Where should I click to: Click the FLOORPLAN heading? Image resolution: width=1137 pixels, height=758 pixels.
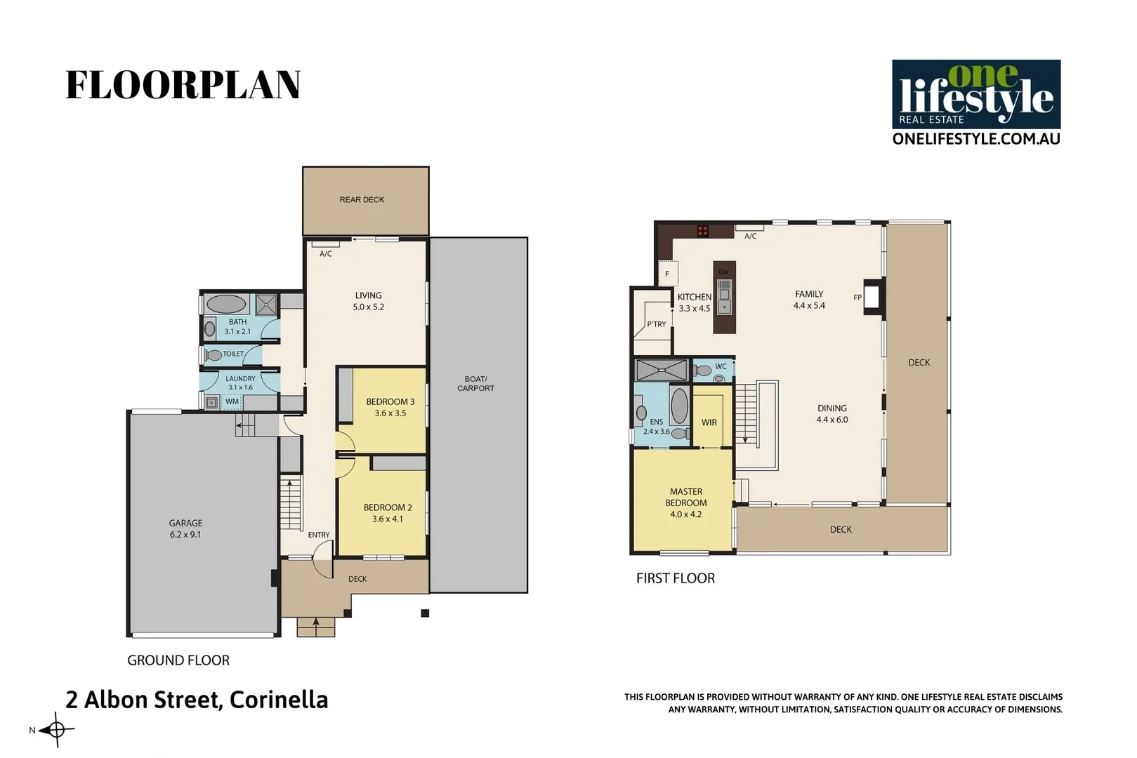tap(183, 85)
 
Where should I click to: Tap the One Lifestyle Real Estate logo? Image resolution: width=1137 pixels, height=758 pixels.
tap(975, 94)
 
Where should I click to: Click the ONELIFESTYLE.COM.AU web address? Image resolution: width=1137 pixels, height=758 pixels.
tap(975, 139)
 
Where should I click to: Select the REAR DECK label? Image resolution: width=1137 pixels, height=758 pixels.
tap(362, 200)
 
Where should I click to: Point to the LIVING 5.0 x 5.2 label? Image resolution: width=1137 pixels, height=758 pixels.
tap(368, 301)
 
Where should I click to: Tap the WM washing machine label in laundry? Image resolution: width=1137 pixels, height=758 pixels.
tap(232, 401)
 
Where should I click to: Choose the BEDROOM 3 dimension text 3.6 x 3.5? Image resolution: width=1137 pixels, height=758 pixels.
tap(390, 413)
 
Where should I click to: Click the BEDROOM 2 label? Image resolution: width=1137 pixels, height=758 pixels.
tap(388, 507)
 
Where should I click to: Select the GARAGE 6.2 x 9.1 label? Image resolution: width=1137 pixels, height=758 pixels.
tap(185, 528)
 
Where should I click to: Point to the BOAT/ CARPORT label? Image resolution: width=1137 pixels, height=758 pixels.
tap(475, 383)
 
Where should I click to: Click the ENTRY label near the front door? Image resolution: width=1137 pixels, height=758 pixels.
tap(319, 535)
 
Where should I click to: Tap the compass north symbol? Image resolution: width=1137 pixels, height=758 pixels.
tap(56, 730)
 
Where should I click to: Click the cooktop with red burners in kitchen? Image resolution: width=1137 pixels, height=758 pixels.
tap(702, 231)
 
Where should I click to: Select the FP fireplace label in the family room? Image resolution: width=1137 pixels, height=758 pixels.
tap(857, 298)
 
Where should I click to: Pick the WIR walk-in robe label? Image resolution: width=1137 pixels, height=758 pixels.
tap(709, 423)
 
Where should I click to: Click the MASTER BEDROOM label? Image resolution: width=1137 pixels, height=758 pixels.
tap(686, 498)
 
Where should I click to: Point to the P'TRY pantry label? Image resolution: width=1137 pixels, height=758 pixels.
tap(657, 324)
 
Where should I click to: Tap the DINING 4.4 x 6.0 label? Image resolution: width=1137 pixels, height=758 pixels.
tap(832, 414)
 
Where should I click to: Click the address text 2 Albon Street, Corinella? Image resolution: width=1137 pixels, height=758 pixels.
tap(197, 700)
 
